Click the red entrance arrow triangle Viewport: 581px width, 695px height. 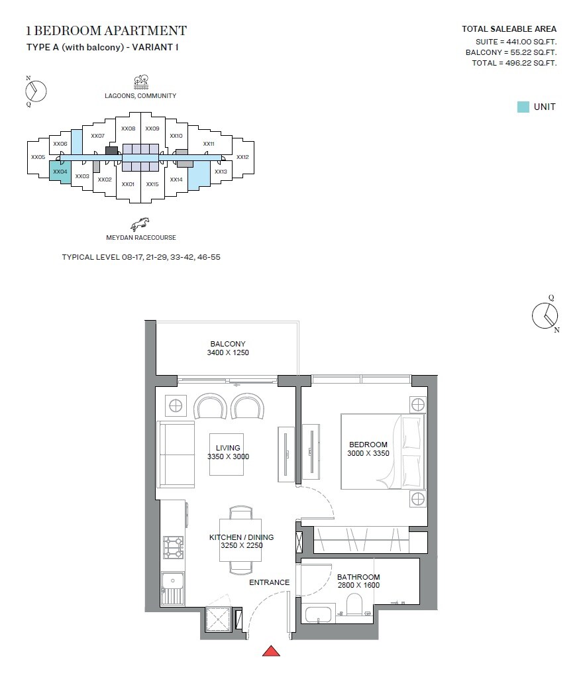click(x=272, y=651)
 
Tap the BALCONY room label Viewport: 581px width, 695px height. click(x=228, y=344)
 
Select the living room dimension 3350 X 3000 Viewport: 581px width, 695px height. click(x=228, y=456)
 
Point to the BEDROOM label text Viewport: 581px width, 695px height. click(x=368, y=445)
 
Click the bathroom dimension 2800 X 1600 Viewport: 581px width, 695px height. click(x=358, y=586)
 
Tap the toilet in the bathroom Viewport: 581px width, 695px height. click(x=354, y=605)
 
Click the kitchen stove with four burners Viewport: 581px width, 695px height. click(x=173, y=547)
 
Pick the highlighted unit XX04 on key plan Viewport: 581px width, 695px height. click(x=60, y=172)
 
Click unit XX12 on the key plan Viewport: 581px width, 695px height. click(x=242, y=158)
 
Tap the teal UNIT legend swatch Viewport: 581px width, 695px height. click(x=523, y=107)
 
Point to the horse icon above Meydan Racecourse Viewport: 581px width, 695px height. click(x=139, y=223)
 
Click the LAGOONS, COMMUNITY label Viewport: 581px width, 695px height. click(x=140, y=95)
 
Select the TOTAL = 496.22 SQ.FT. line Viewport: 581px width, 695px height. click(x=513, y=63)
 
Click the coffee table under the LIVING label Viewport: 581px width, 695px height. click(x=229, y=454)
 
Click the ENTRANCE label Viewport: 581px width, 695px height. click(x=269, y=582)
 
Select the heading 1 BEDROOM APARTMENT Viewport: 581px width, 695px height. click(x=106, y=30)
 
